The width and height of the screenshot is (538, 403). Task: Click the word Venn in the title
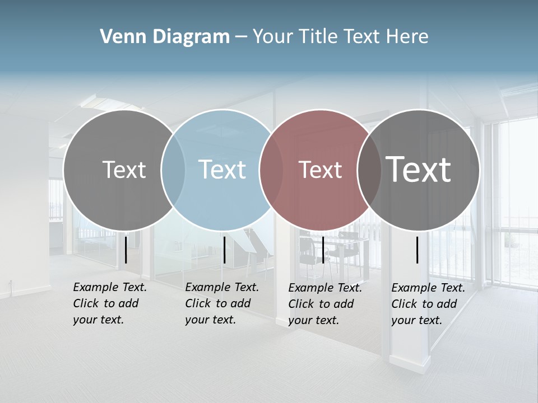coord(118,37)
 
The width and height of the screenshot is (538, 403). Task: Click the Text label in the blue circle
coord(222,170)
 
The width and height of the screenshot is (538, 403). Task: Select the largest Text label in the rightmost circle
coord(418,169)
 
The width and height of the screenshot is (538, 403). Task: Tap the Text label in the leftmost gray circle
coord(124,170)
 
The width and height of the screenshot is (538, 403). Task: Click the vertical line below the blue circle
coord(224,250)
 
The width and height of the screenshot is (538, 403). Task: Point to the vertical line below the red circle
coord(323,250)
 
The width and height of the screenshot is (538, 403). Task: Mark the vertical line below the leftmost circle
coord(126,250)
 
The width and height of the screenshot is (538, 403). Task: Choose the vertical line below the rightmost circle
coord(418,250)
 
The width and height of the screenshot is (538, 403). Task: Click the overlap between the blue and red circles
coord(271,170)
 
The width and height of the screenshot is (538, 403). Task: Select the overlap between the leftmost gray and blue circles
coord(173,170)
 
